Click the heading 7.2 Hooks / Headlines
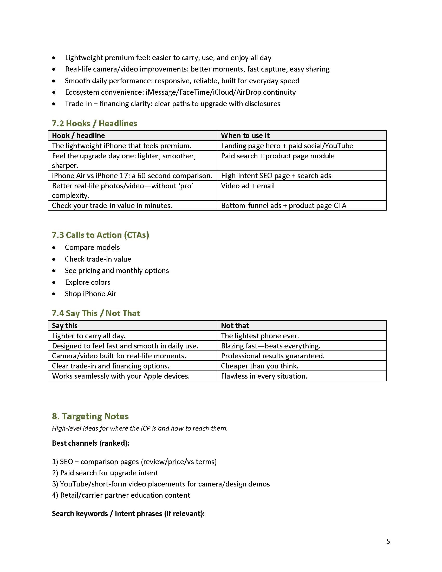pyautogui.click(x=95, y=123)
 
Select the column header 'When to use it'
pyautogui.click(x=245, y=135)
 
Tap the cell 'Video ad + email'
pyautogui.click(x=248, y=186)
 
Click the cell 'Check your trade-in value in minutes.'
pyautogui.click(x=112, y=205)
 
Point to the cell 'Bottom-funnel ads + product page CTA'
pyautogui.click(x=284, y=205)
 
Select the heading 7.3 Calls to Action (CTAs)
pyautogui.click(x=100, y=235)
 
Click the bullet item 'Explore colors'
pyautogui.click(x=88, y=282)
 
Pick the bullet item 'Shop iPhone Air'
pyautogui.click(x=90, y=294)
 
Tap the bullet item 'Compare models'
pyautogui.click(x=93, y=247)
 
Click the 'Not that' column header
pyautogui.click(x=235, y=326)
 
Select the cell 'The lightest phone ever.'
pyautogui.click(x=260, y=336)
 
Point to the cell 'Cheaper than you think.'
pyautogui.click(x=259, y=366)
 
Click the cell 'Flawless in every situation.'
pyautogui.click(x=264, y=376)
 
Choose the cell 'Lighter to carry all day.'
pyautogui.click(x=89, y=336)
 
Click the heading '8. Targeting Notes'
pyautogui.click(x=90, y=416)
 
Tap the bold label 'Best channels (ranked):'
pyautogui.click(x=90, y=443)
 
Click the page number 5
pyautogui.click(x=388, y=541)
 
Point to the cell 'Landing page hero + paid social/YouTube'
pyautogui.click(x=287, y=146)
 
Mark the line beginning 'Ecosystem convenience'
pyautogui.click(x=180, y=92)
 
